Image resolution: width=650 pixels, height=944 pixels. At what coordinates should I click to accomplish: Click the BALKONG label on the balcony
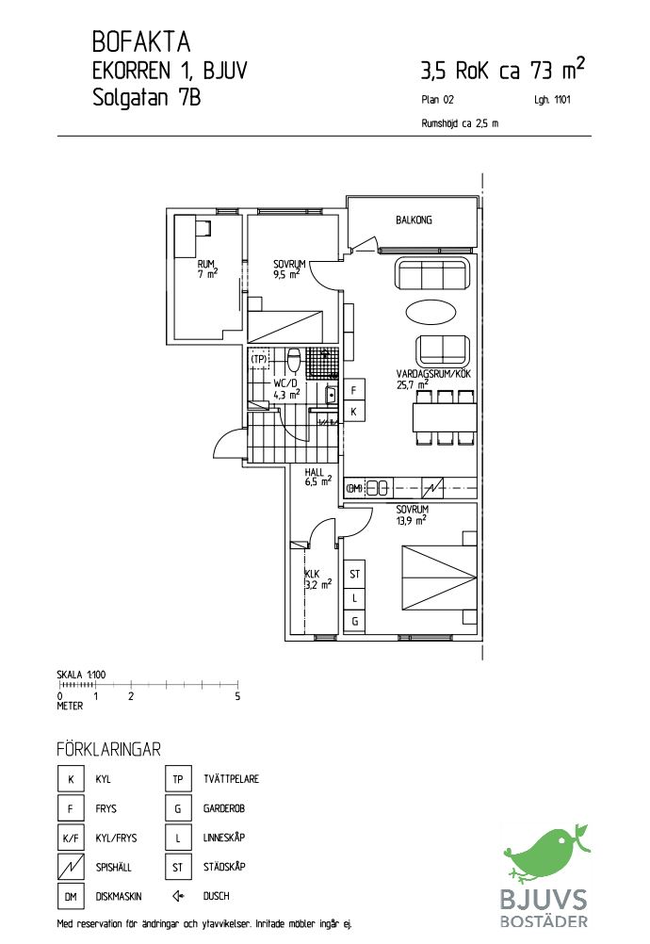point(414,220)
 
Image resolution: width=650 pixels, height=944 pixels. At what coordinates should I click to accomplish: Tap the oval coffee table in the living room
point(431,312)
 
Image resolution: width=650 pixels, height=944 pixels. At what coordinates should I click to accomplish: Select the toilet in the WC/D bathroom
point(294,360)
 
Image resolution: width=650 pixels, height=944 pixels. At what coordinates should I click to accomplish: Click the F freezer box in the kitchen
point(354,390)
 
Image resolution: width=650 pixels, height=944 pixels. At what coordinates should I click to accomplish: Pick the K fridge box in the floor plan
point(354,412)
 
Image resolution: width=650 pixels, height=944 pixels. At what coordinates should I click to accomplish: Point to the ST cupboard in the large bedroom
point(354,575)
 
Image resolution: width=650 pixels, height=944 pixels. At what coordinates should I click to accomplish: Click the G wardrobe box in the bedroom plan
point(354,621)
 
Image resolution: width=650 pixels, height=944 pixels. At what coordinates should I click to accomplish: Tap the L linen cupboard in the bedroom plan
point(354,598)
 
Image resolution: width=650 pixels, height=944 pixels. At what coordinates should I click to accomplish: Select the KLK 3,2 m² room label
point(317,579)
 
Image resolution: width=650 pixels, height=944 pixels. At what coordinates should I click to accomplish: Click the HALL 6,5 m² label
point(317,477)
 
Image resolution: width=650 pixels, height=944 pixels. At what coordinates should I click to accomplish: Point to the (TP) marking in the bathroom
point(259,360)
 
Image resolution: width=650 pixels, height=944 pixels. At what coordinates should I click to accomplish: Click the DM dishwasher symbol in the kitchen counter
point(354,488)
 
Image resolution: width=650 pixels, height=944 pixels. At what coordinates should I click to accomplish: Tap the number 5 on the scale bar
point(237,696)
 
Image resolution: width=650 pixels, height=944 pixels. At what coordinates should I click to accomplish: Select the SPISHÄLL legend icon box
point(71,867)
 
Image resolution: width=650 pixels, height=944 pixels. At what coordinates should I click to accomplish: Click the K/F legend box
point(71,838)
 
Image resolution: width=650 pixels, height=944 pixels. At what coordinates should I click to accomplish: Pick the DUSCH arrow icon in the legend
point(177,896)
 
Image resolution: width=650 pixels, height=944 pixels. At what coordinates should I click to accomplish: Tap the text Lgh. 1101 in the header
point(552,100)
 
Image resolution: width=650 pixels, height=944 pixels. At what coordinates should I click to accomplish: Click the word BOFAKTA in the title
point(141,42)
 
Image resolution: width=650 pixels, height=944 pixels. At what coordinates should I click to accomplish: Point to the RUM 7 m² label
point(207,269)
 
